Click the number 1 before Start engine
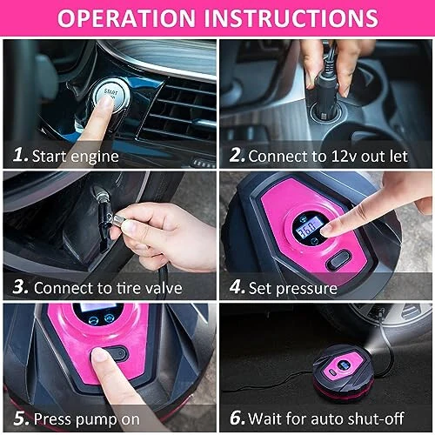click(18, 155)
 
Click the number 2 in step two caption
click(236, 155)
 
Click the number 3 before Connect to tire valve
click(18, 286)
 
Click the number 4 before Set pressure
click(236, 286)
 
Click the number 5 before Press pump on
click(18, 418)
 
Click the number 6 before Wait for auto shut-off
click(236, 418)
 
